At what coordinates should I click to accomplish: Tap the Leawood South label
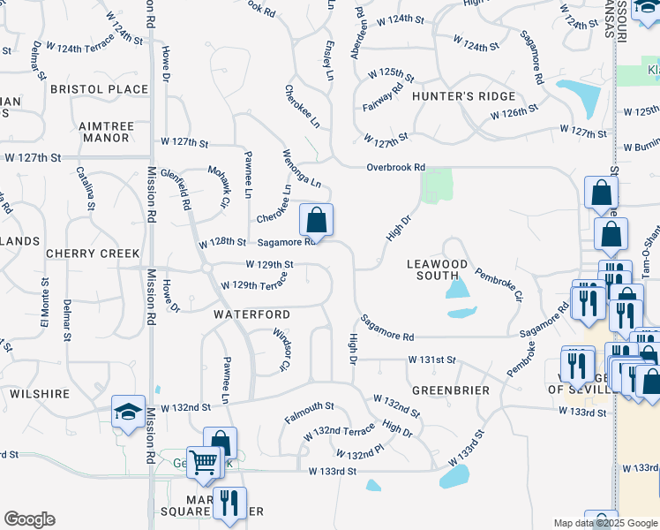point(437,269)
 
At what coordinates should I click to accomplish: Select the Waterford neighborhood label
point(251,314)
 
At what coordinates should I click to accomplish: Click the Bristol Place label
point(99,89)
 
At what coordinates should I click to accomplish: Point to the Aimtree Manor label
point(107,132)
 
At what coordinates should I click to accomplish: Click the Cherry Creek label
point(81,253)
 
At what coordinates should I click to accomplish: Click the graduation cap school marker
point(128,411)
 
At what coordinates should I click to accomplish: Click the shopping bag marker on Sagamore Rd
point(316,219)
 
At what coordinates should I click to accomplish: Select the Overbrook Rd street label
point(396,167)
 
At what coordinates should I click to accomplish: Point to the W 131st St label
point(431,360)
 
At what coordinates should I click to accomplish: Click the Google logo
point(29,519)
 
